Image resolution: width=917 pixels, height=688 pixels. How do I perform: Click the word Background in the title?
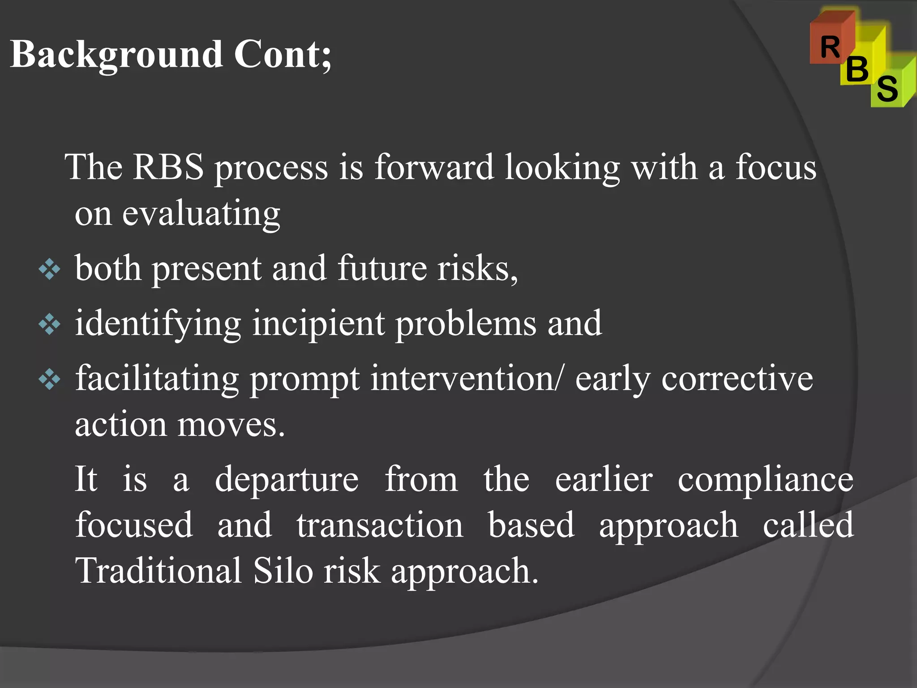(x=116, y=55)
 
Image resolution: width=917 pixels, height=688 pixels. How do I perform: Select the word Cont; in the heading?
(x=283, y=55)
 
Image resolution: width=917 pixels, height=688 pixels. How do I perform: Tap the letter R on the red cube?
(x=830, y=47)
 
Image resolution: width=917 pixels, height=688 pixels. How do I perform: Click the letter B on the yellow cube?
(x=857, y=69)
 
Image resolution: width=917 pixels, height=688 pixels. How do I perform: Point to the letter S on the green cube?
(x=887, y=88)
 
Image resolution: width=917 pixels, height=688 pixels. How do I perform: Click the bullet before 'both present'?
(x=49, y=270)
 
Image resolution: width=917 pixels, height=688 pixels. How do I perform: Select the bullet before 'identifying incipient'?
(x=49, y=325)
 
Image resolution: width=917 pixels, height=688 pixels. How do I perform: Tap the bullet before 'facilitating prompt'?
(x=49, y=380)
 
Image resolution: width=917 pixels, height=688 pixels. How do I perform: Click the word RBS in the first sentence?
(x=168, y=167)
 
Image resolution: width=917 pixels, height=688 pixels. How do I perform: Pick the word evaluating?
(x=201, y=214)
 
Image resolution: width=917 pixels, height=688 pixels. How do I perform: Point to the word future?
(x=382, y=268)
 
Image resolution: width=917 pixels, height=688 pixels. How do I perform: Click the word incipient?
(x=318, y=323)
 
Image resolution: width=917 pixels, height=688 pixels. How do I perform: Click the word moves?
(x=231, y=425)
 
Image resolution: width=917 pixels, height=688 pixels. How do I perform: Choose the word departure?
(x=287, y=480)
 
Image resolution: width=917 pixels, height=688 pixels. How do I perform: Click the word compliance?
(x=765, y=480)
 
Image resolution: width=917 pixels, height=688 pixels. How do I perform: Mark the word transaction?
(x=380, y=525)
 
